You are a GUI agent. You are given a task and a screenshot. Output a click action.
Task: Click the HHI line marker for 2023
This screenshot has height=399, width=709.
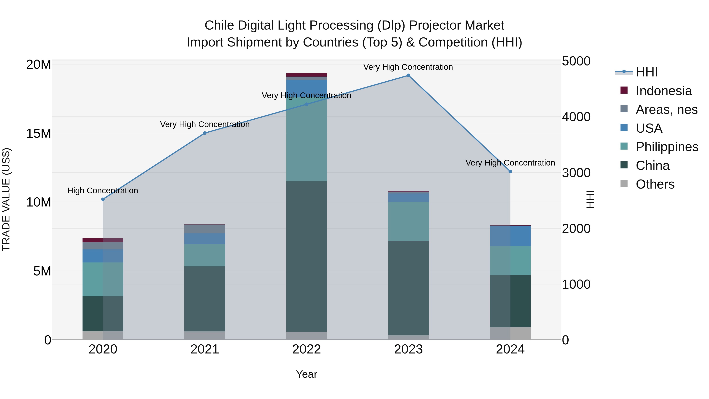point(408,75)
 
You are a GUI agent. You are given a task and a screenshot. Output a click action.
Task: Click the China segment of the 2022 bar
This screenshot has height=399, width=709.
point(307,256)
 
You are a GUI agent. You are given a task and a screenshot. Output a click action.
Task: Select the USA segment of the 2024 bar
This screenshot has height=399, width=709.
point(510,236)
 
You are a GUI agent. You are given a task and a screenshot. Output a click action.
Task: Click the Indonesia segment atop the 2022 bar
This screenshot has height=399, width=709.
point(307,75)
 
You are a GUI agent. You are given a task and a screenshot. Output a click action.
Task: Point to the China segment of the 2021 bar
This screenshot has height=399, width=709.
point(205,299)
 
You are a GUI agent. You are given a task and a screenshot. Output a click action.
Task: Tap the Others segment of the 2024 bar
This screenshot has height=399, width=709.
point(510,333)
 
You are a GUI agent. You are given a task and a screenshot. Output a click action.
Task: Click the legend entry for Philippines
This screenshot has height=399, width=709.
point(667,147)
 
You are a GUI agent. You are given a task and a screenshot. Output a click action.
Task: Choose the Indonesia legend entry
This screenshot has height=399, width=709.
point(664,91)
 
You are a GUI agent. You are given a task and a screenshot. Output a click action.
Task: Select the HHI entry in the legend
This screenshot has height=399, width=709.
point(647,72)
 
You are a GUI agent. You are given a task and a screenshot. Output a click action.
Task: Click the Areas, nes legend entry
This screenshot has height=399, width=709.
point(666,110)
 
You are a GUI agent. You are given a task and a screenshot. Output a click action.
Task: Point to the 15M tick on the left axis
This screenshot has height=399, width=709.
point(39,134)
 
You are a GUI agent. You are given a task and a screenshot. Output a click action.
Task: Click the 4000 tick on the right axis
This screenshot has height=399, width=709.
point(576,117)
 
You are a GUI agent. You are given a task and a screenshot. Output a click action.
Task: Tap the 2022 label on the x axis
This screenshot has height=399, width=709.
point(307,349)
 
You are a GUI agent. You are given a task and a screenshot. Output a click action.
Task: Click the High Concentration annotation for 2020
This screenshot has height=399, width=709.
point(103,191)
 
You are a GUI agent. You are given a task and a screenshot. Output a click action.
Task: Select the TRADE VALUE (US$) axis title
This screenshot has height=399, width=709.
point(6,199)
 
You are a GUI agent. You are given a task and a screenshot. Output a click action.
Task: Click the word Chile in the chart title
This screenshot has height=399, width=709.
point(219,26)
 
